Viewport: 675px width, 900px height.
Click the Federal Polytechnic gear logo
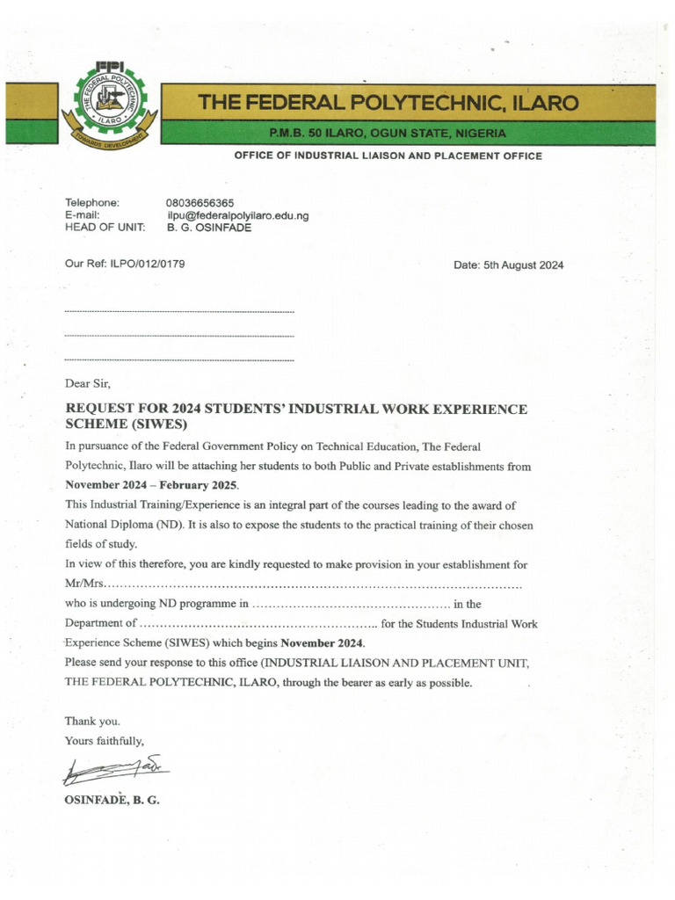[105, 105]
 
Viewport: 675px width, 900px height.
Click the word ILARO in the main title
[546, 104]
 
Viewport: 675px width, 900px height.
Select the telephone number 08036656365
[200, 203]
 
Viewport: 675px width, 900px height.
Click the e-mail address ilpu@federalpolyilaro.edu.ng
[237, 215]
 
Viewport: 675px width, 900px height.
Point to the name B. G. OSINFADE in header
[208, 228]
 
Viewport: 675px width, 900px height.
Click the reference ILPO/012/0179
[147, 264]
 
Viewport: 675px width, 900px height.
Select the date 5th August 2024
[508, 265]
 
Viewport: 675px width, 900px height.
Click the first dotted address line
[179, 312]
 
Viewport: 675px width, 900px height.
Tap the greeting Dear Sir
[88, 383]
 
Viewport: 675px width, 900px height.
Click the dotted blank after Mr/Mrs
[314, 584]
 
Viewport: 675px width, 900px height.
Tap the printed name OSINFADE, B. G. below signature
[112, 800]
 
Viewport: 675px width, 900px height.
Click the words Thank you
[91, 722]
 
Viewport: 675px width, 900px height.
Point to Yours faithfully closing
[105, 741]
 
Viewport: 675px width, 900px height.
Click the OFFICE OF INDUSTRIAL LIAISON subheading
[388, 156]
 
